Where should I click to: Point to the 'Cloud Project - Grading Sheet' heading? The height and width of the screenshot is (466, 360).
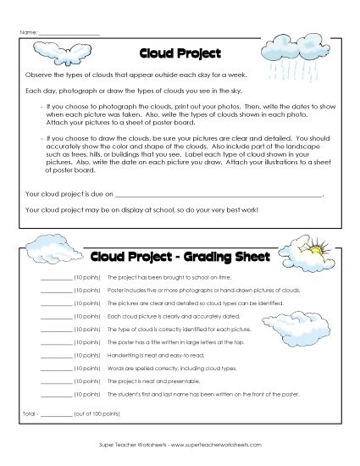pos(179,256)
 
